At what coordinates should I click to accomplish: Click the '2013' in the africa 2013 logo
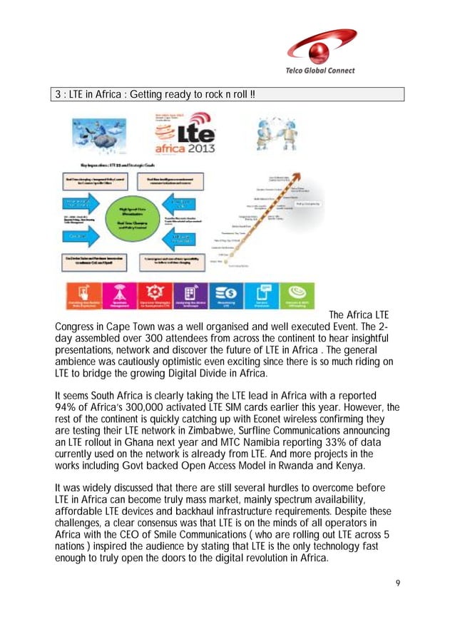(x=200, y=150)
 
